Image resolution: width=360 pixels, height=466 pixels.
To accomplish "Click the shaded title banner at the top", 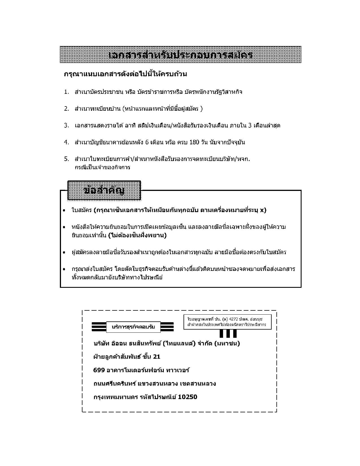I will (180, 55).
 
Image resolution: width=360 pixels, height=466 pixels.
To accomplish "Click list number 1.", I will (66, 92).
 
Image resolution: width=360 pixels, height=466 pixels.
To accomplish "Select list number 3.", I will (66, 125).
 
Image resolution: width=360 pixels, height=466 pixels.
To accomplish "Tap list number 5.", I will (66, 159).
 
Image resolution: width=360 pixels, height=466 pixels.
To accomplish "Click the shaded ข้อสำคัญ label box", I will (104, 190).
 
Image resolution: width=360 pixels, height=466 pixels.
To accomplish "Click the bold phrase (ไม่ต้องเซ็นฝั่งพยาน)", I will (137, 235).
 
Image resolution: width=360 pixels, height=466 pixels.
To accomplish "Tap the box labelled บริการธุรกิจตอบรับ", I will (133, 327).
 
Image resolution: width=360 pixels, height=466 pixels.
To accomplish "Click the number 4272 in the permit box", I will (234, 319).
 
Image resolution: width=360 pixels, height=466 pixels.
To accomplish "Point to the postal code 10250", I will (188, 397).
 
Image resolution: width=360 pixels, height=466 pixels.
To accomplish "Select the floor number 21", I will (157, 357).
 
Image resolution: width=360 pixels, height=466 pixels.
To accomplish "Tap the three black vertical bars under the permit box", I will (228, 334).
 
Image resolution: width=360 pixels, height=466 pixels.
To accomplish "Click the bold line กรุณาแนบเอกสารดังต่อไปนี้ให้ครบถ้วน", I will (125, 74).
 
